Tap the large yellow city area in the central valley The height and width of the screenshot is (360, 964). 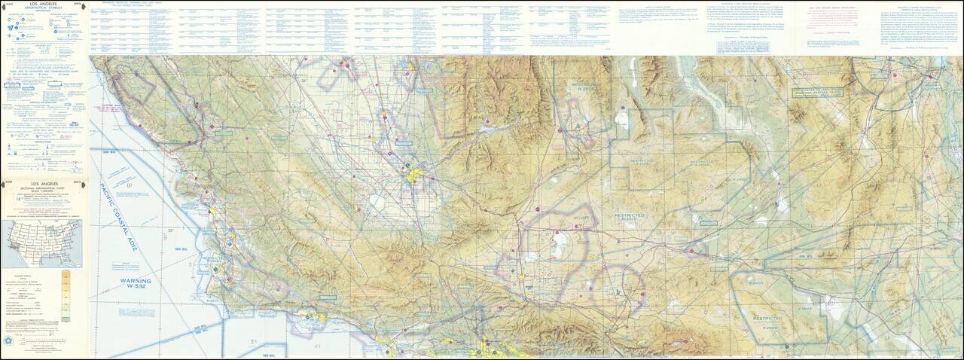[413, 178]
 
